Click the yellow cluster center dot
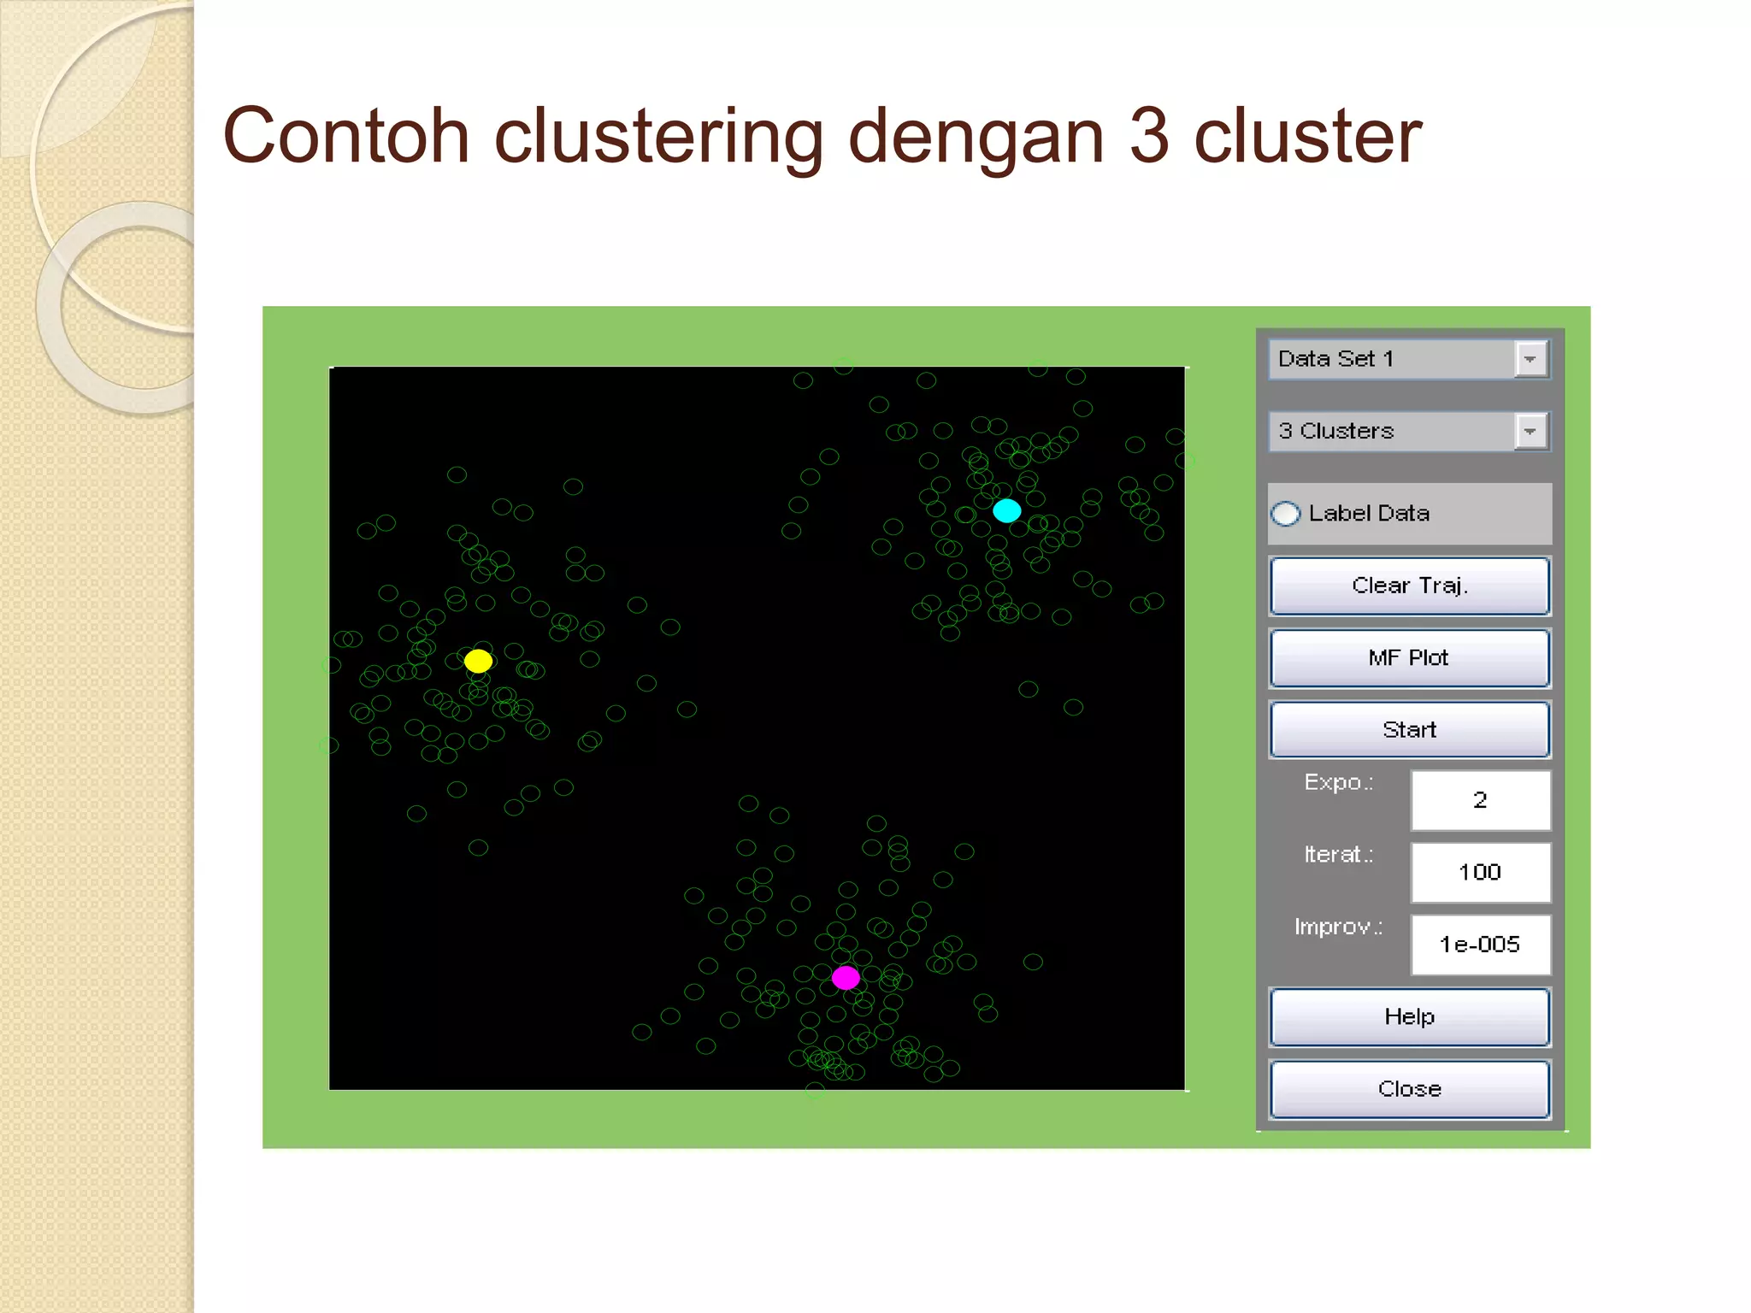(x=478, y=661)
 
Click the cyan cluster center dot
(x=1006, y=511)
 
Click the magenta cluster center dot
(x=846, y=977)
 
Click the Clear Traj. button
(x=1409, y=586)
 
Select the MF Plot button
(x=1409, y=657)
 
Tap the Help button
(x=1409, y=1016)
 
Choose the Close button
(x=1409, y=1088)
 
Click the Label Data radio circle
(x=1285, y=514)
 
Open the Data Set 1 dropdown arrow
(x=1530, y=359)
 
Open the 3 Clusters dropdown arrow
(x=1530, y=431)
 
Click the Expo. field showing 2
(x=1480, y=800)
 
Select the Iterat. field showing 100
(x=1480, y=872)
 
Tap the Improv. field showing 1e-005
(x=1480, y=945)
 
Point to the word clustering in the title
(x=658, y=137)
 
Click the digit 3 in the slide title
(x=1148, y=137)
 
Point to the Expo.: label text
(x=1338, y=782)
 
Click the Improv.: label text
(x=1338, y=927)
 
